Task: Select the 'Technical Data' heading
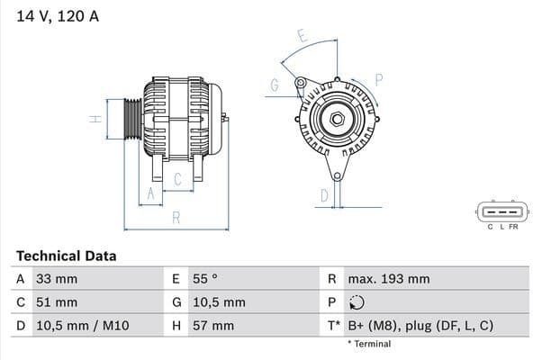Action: click(66, 256)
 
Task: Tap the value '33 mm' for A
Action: click(56, 279)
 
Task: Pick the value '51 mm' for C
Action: click(56, 302)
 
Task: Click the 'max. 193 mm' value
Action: click(389, 279)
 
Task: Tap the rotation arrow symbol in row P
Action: click(357, 302)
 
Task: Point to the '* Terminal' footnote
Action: click(369, 344)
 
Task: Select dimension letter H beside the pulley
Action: click(92, 119)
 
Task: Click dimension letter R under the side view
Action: click(176, 216)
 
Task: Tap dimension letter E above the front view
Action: click(302, 37)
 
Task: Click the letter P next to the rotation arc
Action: click(379, 79)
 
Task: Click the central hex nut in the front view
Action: click(335, 119)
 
